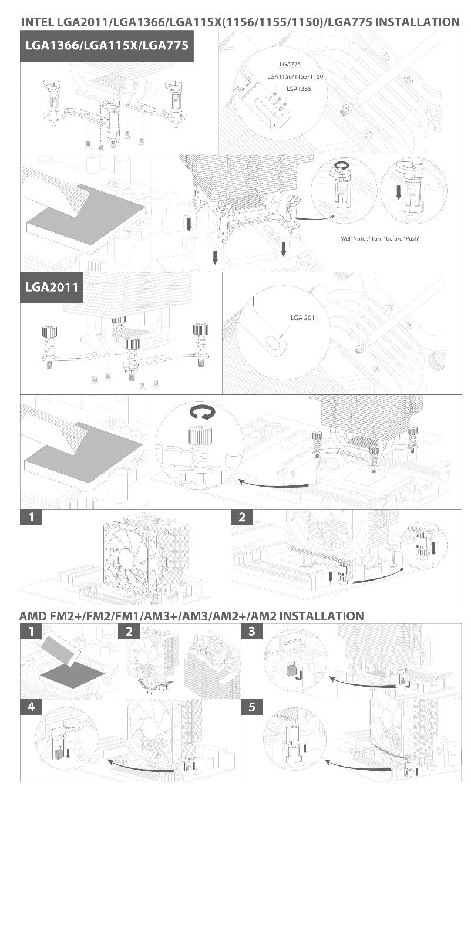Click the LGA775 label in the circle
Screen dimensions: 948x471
(290, 65)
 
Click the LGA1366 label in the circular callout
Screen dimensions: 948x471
(299, 89)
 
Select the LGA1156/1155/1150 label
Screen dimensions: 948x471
(295, 77)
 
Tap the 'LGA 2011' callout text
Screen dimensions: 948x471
(304, 318)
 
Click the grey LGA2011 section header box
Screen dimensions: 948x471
(52, 288)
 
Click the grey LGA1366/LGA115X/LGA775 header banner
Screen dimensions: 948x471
(107, 45)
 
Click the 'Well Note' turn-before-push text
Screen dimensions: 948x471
(380, 238)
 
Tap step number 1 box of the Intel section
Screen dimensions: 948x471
(31, 517)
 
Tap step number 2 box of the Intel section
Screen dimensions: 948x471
(242, 517)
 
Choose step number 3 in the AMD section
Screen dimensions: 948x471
(252, 632)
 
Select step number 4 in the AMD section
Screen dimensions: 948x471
(31, 706)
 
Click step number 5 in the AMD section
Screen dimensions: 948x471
(252, 706)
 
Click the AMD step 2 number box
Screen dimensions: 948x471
(129, 632)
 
